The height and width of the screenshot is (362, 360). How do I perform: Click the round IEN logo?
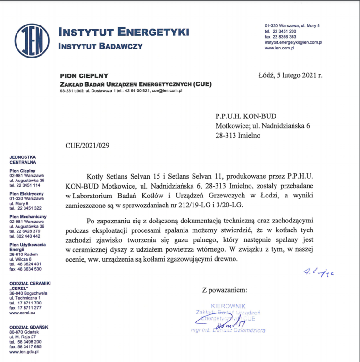[32, 41]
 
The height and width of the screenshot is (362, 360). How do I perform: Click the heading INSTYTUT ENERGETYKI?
[123, 33]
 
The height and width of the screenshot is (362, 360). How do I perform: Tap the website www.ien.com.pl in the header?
[279, 48]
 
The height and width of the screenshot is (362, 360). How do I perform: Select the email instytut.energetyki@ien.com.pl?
[293, 42]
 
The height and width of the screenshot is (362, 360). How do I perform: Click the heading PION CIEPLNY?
[84, 75]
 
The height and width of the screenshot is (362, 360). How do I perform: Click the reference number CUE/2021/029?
[87, 145]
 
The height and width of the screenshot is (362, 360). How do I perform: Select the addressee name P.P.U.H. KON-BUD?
[246, 115]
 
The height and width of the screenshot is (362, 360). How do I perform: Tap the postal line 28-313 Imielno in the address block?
[238, 135]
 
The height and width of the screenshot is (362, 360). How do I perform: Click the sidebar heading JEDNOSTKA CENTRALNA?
[23, 160]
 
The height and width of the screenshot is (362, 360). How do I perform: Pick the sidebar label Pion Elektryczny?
[26, 194]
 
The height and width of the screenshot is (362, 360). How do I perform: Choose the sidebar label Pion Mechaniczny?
[28, 217]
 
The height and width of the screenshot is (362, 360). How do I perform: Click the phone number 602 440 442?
[25, 236]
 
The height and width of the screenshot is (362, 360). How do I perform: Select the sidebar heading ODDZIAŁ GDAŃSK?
[29, 327]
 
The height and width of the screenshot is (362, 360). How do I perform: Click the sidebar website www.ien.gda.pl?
[24, 351]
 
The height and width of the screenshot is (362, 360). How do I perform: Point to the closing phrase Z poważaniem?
[224, 289]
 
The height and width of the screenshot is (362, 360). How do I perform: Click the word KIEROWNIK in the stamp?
[228, 306]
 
